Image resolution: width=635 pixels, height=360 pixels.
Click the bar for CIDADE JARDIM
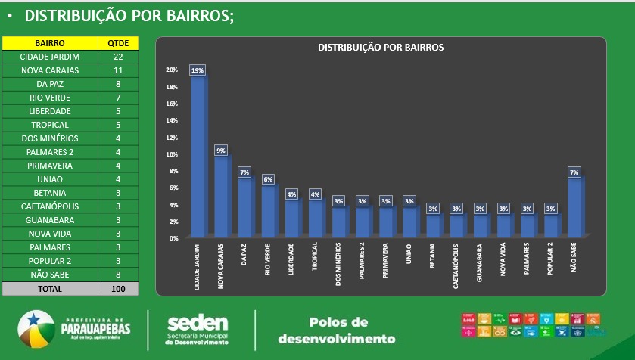(x=197, y=155)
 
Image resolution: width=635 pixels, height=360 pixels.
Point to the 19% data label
(x=198, y=70)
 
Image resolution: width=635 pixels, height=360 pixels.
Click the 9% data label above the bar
(x=221, y=151)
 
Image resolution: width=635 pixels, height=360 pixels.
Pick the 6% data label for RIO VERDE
(x=268, y=179)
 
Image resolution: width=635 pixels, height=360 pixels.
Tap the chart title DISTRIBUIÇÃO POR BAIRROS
(x=381, y=47)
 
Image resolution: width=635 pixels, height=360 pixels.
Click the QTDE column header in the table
(x=118, y=44)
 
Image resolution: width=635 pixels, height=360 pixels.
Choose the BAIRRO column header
(x=50, y=44)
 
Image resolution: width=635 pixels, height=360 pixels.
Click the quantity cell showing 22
(x=118, y=57)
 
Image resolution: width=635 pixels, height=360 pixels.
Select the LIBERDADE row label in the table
(x=50, y=111)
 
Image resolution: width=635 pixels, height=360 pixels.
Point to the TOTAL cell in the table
(x=50, y=289)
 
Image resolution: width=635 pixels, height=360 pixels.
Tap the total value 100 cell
(x=118, y=289)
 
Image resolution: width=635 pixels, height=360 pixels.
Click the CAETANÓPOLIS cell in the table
(x=50, y=206)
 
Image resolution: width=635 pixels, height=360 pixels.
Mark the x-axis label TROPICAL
(x=315, y=257)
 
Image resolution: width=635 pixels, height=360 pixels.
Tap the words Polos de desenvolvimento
(x=338, y=330)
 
